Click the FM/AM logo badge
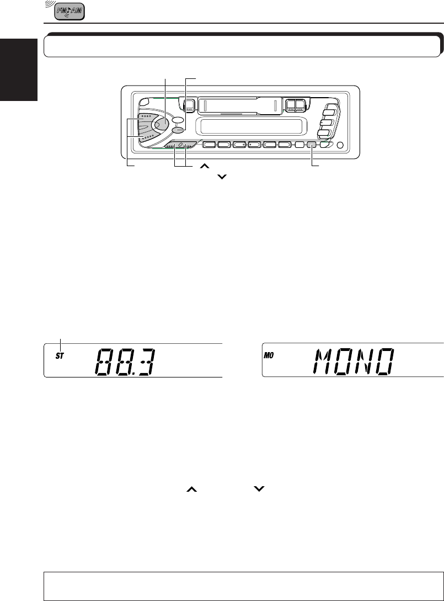click(69, 12)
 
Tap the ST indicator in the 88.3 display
click(60, 357)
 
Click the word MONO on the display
click(352, 363)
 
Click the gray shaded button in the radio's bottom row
click(312, 146)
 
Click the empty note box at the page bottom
click(243, 584)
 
